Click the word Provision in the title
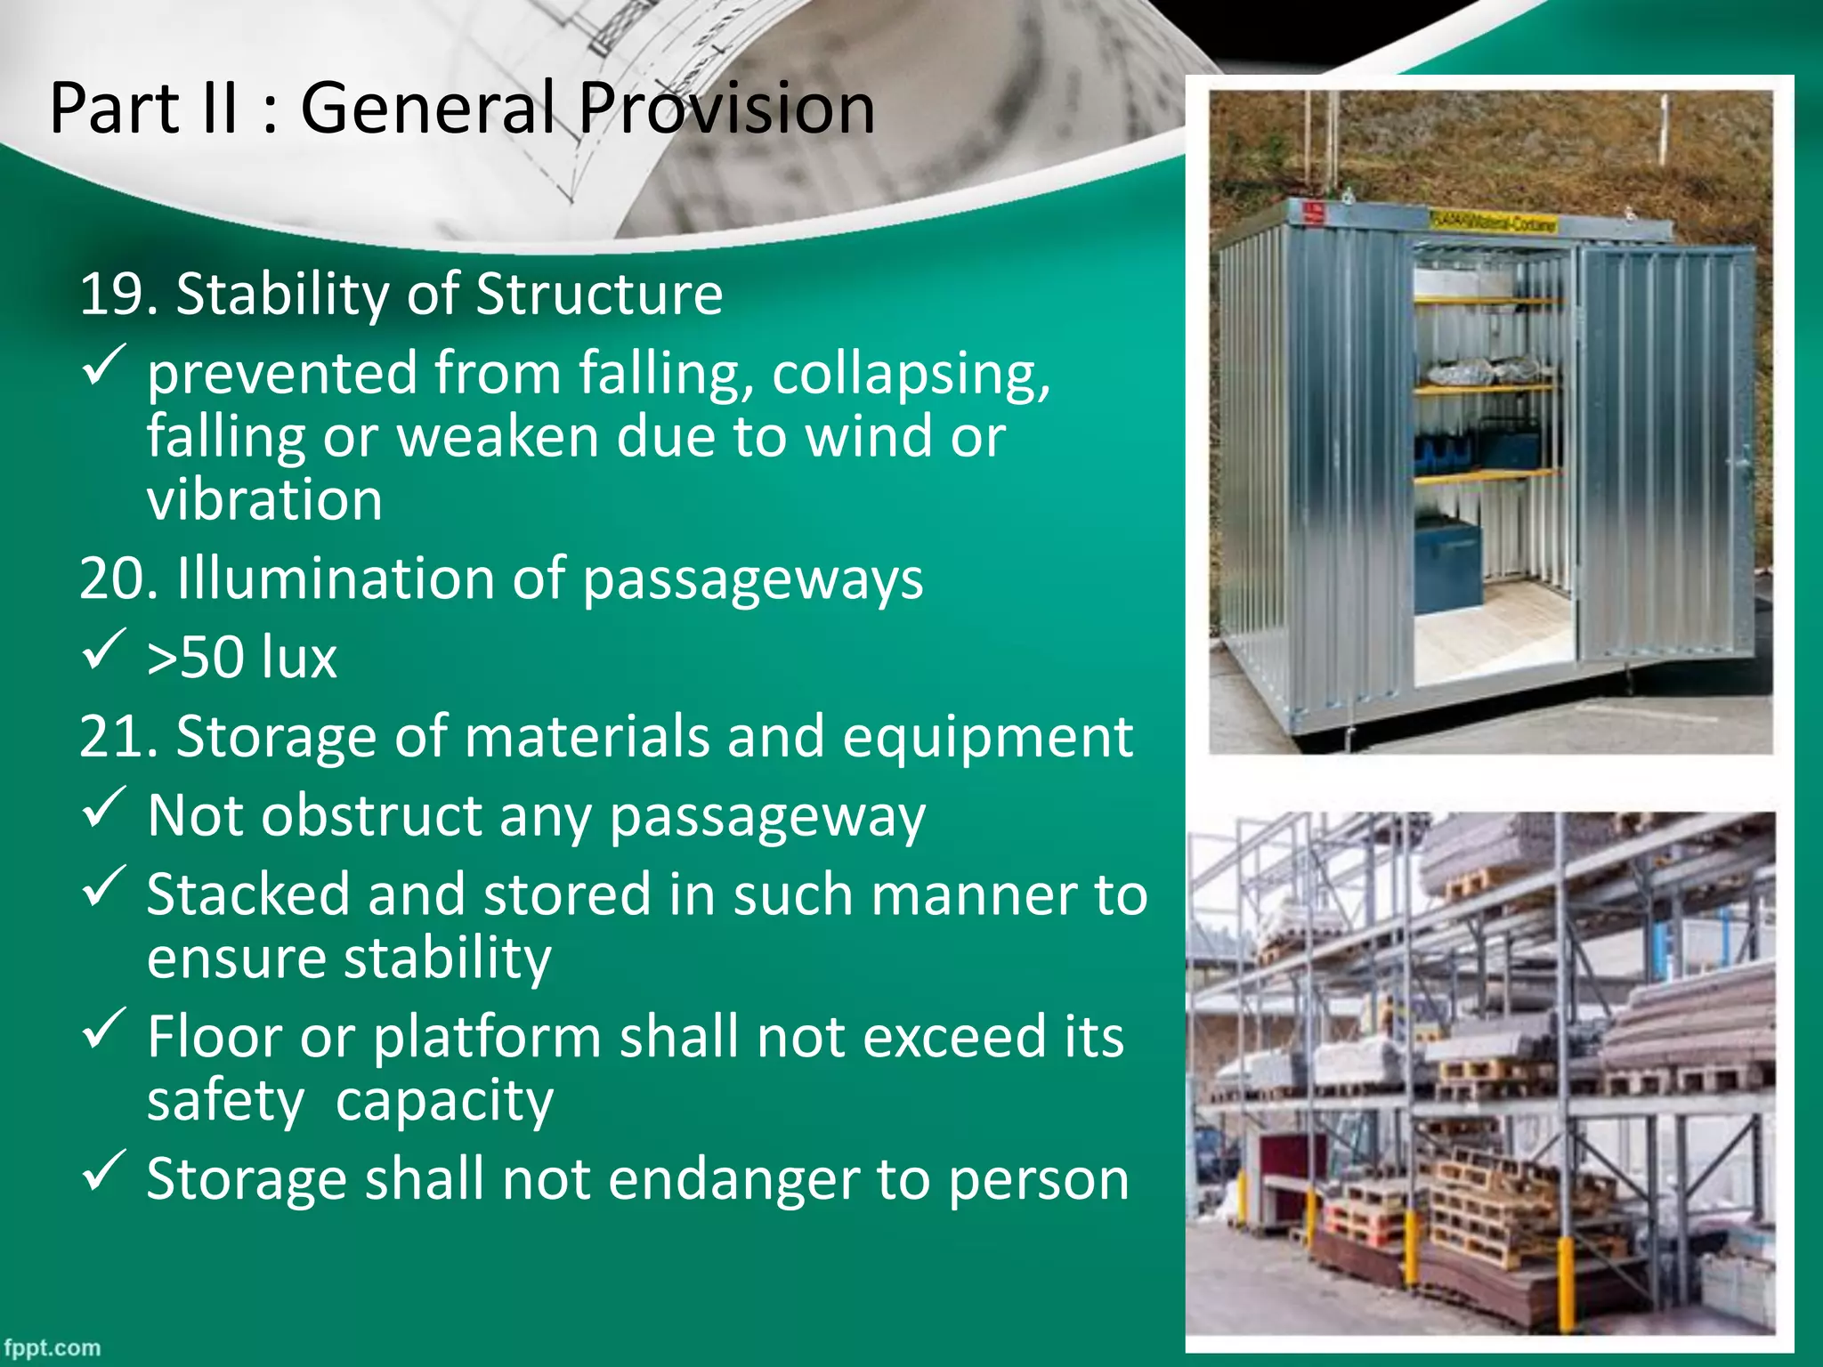[725, 109]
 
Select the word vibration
[264, 500]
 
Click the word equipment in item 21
[986, 737]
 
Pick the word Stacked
[247, 894]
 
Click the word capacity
[444, 1102]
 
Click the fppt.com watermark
[51, 1347]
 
